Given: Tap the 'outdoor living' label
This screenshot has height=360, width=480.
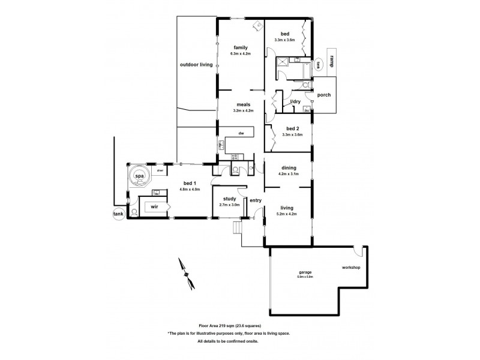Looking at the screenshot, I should pyautogui.click(x=196, y=64).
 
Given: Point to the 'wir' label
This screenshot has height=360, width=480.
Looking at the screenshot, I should pyautogui.click(x=154, y=206).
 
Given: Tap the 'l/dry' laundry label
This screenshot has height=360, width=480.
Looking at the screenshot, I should pyautogui.click(x=295, y=101).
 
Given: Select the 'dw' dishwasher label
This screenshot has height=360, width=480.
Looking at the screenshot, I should pyautogui.click(x=241, y=133).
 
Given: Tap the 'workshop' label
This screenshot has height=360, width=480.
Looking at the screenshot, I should pyautogui.click(x=350, y=267).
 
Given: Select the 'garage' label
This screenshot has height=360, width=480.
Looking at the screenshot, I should pyautogui.click(x=305, y=272).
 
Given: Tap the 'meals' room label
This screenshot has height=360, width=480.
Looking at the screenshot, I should pyautogui.click(x=243, y=104).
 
